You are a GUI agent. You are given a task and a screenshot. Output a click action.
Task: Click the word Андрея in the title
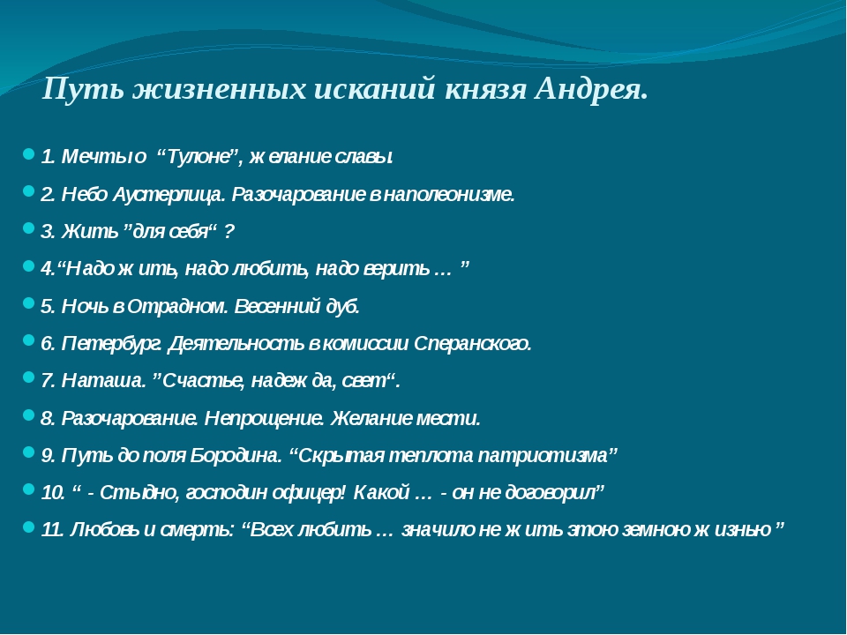[590, 88]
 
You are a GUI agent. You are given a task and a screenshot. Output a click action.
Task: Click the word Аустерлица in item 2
[168, 194]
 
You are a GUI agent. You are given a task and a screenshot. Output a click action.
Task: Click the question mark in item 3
[229, 232]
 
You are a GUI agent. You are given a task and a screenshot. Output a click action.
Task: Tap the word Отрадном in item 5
[177, 306]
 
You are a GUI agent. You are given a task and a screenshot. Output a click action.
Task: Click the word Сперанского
[473, 343]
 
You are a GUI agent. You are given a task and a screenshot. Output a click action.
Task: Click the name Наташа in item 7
[104, 381]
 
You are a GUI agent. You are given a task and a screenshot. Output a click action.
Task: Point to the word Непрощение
[264, 418]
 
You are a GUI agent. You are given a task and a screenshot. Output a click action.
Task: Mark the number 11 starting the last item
[53, 530]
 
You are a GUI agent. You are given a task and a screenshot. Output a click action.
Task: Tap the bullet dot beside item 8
[29, 415]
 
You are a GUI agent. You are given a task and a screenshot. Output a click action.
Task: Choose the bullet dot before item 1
[29, 153]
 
